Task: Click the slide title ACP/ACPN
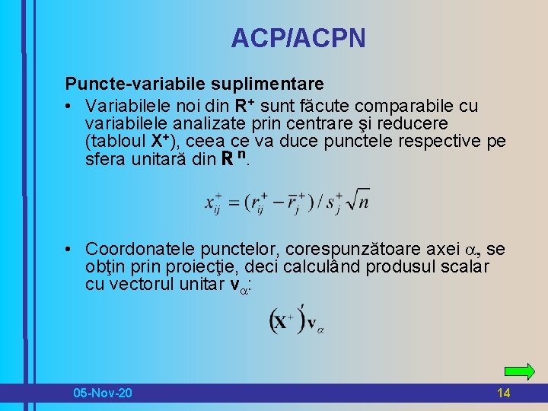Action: pos(298,37)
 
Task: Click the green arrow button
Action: pos(520,371)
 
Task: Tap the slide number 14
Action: pos(503,393)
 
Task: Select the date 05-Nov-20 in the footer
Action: pos(102,393)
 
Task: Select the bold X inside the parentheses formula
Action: pos(282,322)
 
